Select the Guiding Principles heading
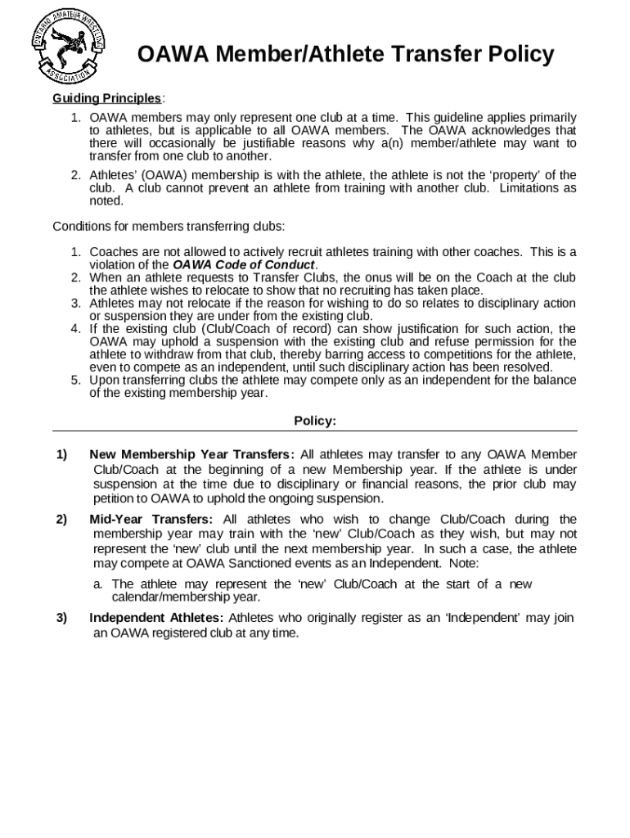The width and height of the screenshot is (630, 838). pyautogui.click(x=107, y=99)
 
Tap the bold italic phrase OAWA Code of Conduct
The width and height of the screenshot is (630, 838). pyautogui.click(x=244, y=265)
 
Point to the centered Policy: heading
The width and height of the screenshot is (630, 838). pyautogui.click(x=315, y=421)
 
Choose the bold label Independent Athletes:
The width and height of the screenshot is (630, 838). pyautogui.click(x=157, y=618)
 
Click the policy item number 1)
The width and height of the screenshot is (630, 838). pyautogui.click(x=61, y=455)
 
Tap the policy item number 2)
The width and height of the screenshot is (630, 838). pyautogui.click(x=61, y=520)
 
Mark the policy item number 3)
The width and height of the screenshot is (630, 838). pyautogui.click(x=61, y=618)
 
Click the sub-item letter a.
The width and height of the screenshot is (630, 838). pyautogui.click(x=97, y=584)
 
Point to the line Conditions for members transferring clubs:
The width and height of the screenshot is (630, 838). pyautogui.click(x=169, y=226)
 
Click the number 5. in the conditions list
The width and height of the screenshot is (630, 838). pyautogui.click(x=74, y=381)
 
